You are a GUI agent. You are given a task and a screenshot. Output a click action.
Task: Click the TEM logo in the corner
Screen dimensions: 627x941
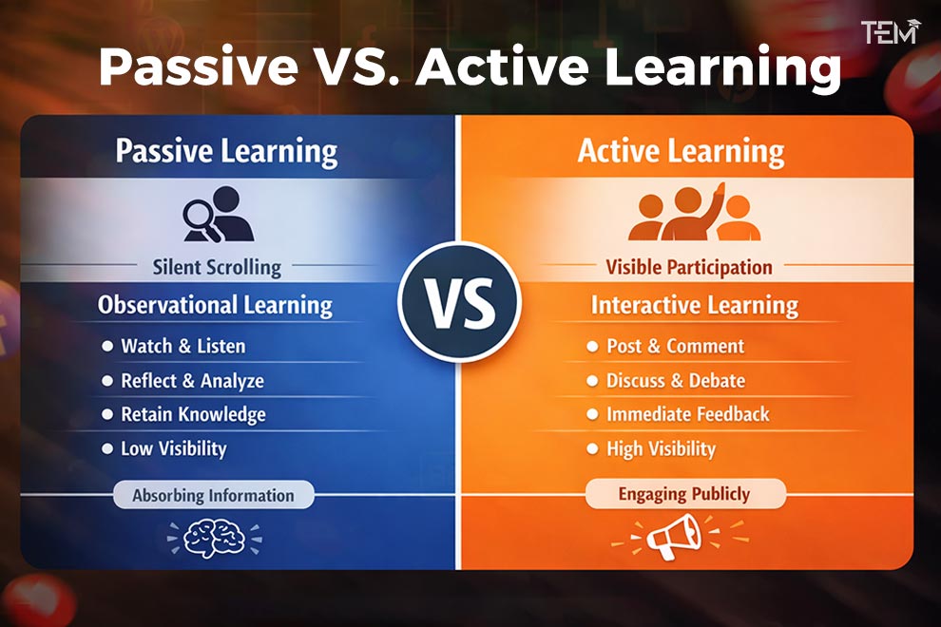(x=890, y=32)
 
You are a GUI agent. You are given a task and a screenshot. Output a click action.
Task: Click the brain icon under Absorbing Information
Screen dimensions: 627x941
(x=213, y=538)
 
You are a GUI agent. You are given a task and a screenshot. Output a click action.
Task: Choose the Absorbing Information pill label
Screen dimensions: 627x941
(x=213, y=495)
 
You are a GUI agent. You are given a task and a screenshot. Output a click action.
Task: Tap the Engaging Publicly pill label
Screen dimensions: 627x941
(x=684, y=494)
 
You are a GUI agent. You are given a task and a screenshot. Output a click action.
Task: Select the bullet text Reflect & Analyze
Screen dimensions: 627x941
(x=192, y=381)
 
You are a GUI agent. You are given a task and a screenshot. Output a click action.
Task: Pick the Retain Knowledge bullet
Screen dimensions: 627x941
(x=193, y=415)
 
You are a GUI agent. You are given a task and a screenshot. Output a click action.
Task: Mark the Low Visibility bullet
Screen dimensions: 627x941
(x=173, y=448)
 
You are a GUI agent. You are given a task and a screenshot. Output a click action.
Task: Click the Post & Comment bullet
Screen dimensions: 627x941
(x=675, y=346)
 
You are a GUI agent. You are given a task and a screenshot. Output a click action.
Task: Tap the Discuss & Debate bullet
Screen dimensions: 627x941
(x=675, y=381)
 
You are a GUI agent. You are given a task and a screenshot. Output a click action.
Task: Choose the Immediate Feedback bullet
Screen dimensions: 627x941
(x=687, y=414)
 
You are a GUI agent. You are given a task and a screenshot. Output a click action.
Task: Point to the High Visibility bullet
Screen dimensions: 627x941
(x=661, y=448)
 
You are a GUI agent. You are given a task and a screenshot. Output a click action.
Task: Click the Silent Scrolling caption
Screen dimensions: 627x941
(x=217, y=267)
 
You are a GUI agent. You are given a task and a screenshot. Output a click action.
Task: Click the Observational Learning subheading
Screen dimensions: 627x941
(x=216, y=306)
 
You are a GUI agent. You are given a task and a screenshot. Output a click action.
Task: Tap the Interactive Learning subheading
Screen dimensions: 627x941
(x=694, y=306)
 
